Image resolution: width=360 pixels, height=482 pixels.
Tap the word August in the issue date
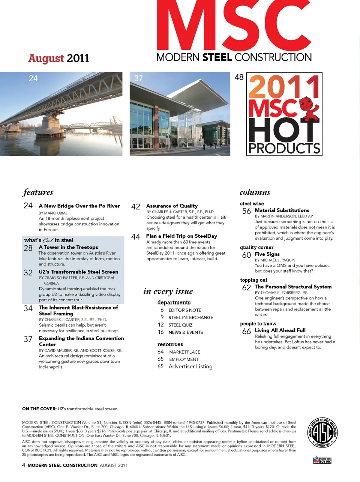[46, 59]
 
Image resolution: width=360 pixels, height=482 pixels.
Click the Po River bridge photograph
[61, 114]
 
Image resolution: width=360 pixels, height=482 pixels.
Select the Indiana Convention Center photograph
[180, 114]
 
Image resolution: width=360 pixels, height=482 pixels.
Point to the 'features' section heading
[38, 192]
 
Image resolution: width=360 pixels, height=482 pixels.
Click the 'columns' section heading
[255, 192]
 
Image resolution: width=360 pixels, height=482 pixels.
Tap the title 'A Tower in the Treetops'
[68, 247]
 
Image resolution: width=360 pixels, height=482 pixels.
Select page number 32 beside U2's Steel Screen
[28, 273]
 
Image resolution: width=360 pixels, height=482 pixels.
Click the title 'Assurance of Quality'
[172, 206]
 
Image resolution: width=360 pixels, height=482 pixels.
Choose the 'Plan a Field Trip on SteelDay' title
[181, 236]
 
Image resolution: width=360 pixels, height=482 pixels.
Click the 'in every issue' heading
[168, 291]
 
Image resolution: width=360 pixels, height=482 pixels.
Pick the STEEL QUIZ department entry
[180, 325]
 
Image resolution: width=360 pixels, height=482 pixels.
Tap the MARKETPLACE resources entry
[184, 352]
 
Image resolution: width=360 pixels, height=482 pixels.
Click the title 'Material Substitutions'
[282, 210]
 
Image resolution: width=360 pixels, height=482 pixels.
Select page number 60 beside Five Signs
[246, 255]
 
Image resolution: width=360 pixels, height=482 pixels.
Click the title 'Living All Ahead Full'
[280, 330]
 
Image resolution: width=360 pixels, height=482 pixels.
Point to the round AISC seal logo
[322, 432]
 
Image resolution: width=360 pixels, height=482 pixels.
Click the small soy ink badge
[322, 460]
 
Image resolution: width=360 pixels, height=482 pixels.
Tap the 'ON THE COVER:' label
[39, 409]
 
